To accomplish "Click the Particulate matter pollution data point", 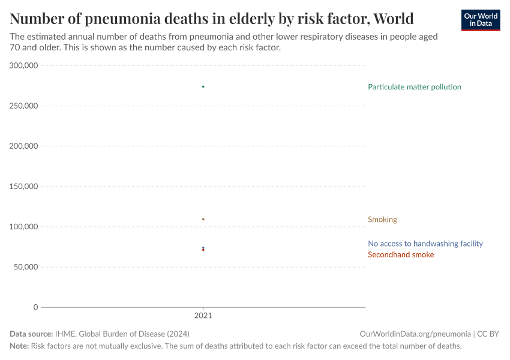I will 203,87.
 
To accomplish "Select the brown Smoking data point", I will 203,219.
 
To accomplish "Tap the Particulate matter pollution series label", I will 415,87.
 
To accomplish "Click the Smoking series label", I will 382,220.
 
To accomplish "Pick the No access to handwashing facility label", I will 425,244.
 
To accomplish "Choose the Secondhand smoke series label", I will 400,255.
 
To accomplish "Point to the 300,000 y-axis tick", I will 24,65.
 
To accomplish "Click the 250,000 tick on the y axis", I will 24,106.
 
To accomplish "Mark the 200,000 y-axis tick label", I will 24,146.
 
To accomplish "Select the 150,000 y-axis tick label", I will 24,187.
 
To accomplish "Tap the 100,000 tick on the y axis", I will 24,227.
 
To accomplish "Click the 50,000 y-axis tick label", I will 26,267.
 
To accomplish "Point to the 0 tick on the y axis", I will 35,307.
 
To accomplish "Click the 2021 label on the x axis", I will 203,315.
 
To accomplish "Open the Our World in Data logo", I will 480,20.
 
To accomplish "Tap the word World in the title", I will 393,19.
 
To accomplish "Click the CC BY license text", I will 488,334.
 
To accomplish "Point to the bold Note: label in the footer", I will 19,346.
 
